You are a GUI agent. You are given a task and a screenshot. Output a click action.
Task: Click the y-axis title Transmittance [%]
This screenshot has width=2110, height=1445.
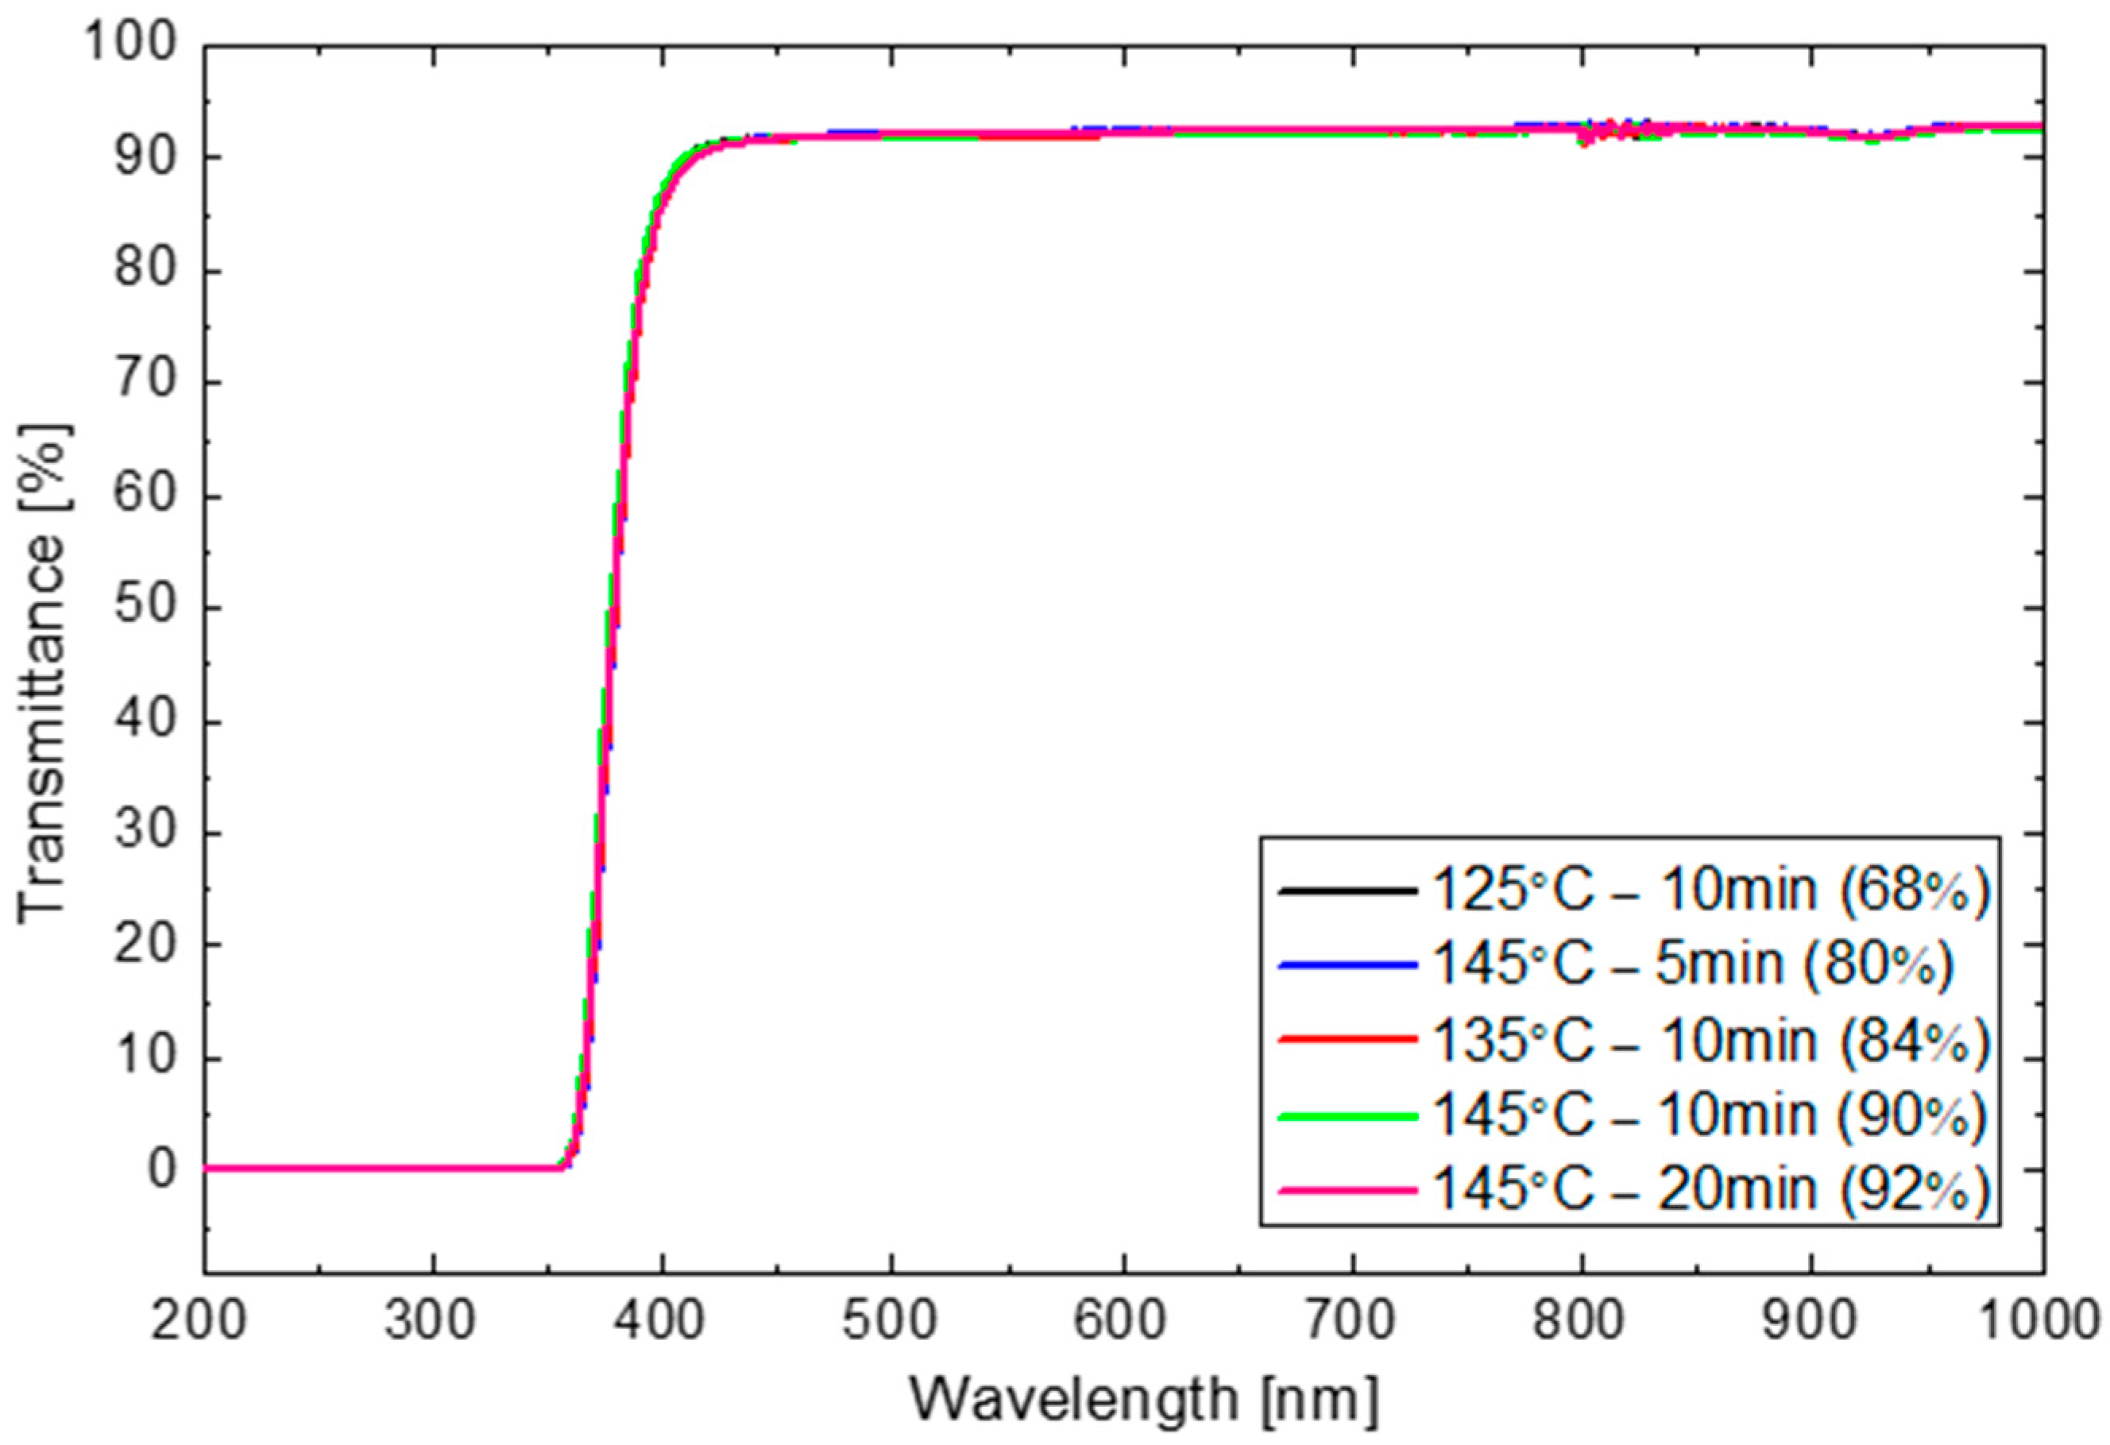[44, 672]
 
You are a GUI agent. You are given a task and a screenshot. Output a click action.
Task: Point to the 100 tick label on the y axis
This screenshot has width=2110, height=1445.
[127, 44]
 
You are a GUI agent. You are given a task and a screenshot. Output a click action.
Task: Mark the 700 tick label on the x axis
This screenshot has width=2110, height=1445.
[1353, 1322]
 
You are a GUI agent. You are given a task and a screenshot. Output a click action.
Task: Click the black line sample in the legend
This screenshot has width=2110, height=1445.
[1347, 891]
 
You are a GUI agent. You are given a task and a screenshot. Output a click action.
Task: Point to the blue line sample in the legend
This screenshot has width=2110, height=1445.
[1347, 966]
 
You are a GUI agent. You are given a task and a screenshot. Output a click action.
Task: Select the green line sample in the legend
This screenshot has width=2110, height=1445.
[1347, 1115]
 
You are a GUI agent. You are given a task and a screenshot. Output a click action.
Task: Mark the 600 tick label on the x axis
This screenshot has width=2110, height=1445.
[1124, 1322]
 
